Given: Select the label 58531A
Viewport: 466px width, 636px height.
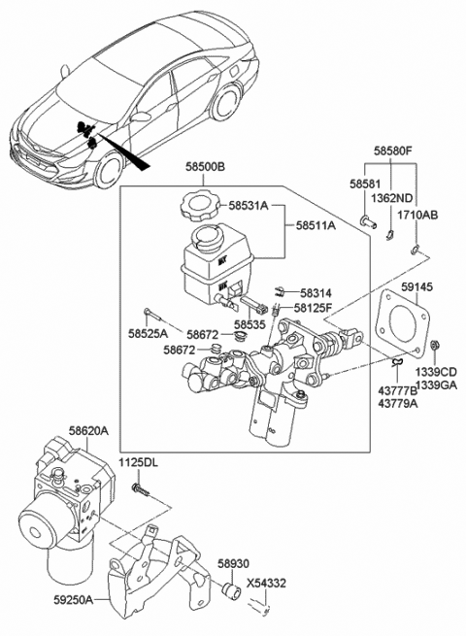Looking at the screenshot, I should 250,206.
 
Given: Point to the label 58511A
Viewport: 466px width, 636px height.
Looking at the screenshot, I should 313,225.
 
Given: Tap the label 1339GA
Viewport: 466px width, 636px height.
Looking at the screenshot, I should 435,385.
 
